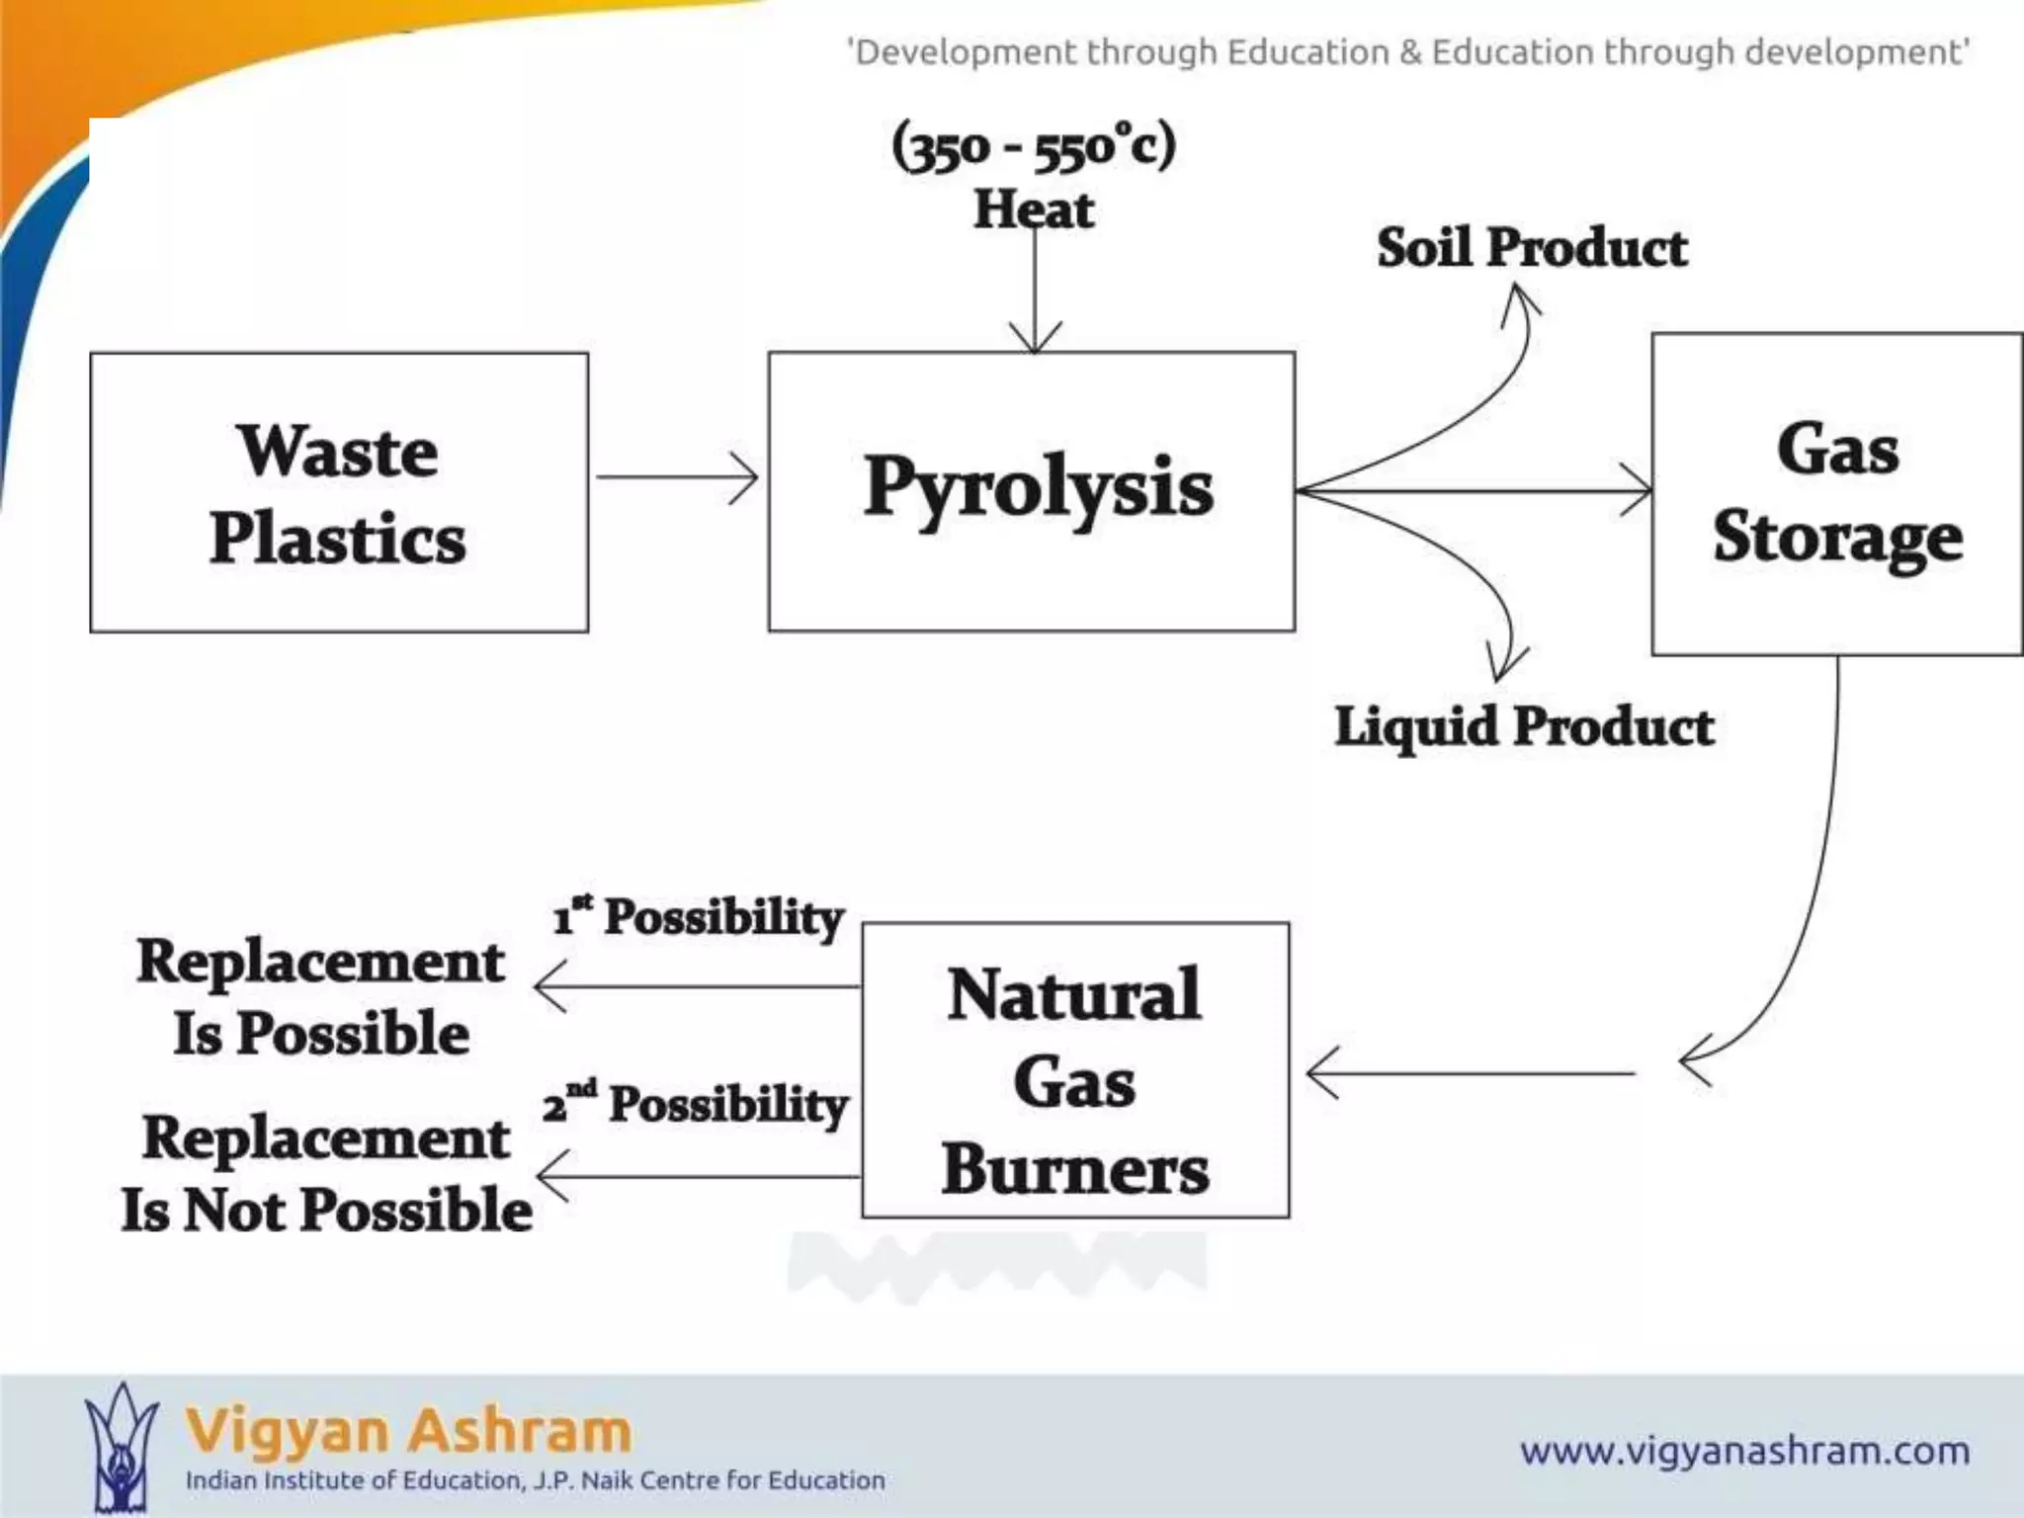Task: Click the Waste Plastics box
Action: [338, 492]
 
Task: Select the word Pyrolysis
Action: [1038, 487]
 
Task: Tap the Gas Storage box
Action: [1836, 492]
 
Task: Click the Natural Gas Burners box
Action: [1075, 1070]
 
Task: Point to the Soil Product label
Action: [1531, 247]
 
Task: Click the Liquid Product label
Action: [1523, 726]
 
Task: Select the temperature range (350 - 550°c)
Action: [1034, 146]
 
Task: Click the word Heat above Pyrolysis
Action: [1034, 209]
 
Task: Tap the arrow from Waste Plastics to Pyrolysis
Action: [678, 477]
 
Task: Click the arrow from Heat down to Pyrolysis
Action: [1035, 296]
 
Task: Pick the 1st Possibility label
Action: [698, 916]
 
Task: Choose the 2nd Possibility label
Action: [696, 1103]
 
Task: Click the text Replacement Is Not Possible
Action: [326, 1174]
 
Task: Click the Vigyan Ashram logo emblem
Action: [121, 1447]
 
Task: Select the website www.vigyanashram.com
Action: [1744, 1451]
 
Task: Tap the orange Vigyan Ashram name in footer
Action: [408, 1430]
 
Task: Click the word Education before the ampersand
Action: [1307, 51]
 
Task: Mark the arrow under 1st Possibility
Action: [697, 986]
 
